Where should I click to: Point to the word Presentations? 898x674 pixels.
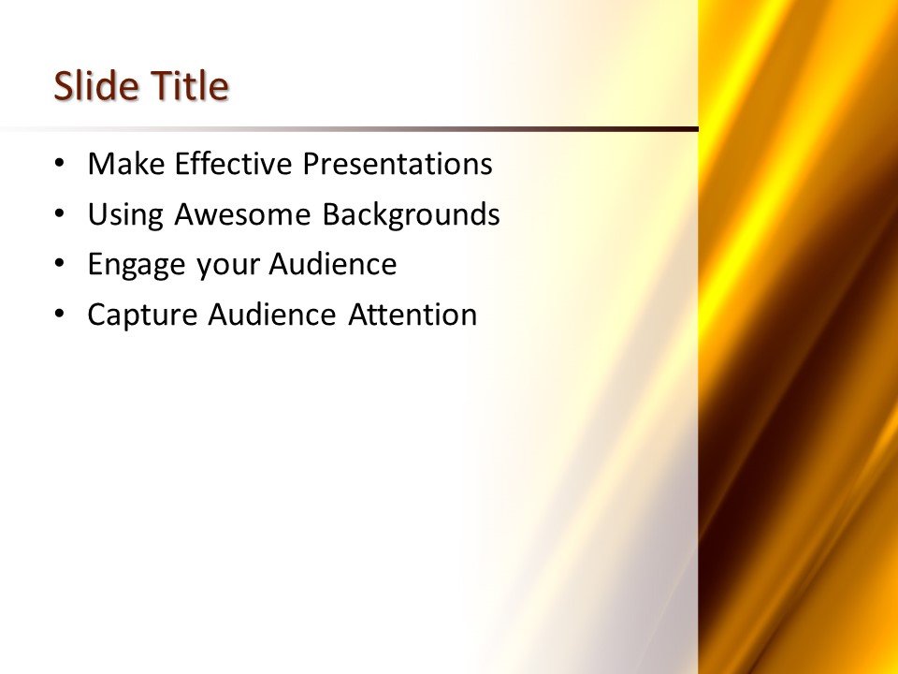(x=397, y=165)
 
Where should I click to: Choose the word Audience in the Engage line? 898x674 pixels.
(x=333, y=265)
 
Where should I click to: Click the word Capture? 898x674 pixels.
(x=141, y=315)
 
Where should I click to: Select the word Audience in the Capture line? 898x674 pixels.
(x=270, y=315)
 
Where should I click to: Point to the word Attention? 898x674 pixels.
(x=413, y=315)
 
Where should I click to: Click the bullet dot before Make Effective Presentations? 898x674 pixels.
(x=61, y=163)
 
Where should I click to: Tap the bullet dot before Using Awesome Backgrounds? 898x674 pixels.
(x=61, y=213)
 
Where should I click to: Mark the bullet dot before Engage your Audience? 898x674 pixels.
(x=61, y=264)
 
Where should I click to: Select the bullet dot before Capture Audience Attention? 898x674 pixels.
(x=61, y=314)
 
